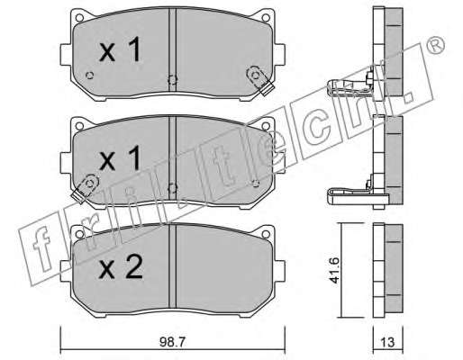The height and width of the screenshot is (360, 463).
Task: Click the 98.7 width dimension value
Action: pyautogui.click(x=173, y=342)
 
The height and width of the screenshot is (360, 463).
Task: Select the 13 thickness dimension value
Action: pyautogui.click(x=387, y=342)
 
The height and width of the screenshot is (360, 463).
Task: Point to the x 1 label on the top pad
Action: pyautogui.click(x=120, y=49)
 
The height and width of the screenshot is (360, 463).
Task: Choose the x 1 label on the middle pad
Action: pyautogui.click(x=120, y=158)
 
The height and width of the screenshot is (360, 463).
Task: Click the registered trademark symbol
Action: pyautogui.click(x=435, y=45)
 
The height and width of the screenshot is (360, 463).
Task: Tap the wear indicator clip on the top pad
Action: pyautogui.click(x=259, y=80)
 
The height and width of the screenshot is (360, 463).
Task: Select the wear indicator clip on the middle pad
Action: pyautogui.click(x=86, y=188)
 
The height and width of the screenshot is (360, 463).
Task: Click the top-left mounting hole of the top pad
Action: pyautogui.click(x=79, y=18)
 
